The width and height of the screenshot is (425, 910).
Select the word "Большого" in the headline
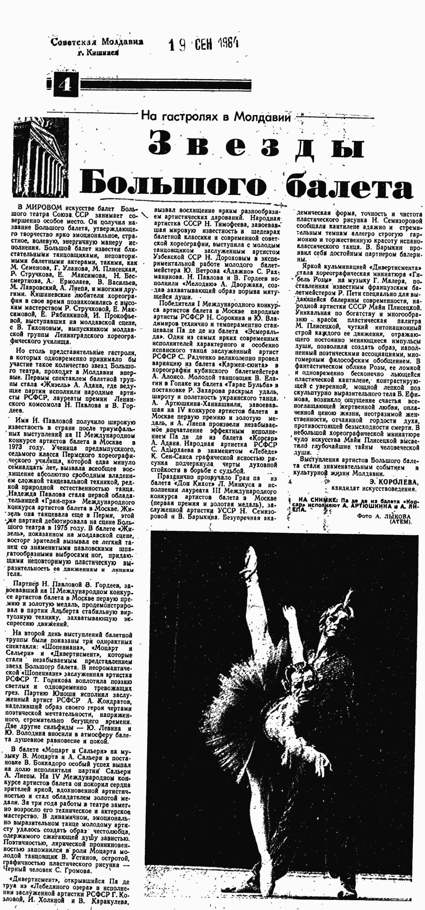174,182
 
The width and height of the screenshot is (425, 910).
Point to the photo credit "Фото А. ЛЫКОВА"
384,516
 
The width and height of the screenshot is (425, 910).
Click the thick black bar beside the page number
166,85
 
